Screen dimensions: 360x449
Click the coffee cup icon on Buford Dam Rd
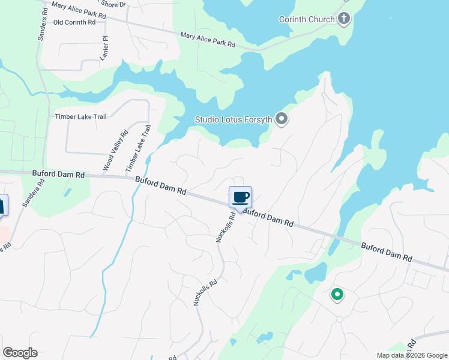click(x=240, y=197)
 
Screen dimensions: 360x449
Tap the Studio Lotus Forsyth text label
click(x=234, y=119)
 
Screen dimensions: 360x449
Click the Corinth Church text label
click(x=307, y=19)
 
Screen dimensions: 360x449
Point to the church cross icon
click(x=344, y=19)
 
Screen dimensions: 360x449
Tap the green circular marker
click(x=337, y=294)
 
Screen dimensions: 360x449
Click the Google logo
click(x=20, y=352)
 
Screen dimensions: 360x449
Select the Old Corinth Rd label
click(x=74, y=22)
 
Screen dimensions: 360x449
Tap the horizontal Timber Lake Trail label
click(x=80, y=116)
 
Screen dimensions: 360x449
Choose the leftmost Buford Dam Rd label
click(x=59, y=174)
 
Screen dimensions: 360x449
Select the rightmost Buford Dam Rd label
click(x=387, y=251)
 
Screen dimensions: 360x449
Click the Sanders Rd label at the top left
click(x=43, y=25)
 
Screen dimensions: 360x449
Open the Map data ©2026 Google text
click(x=411, y=355)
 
